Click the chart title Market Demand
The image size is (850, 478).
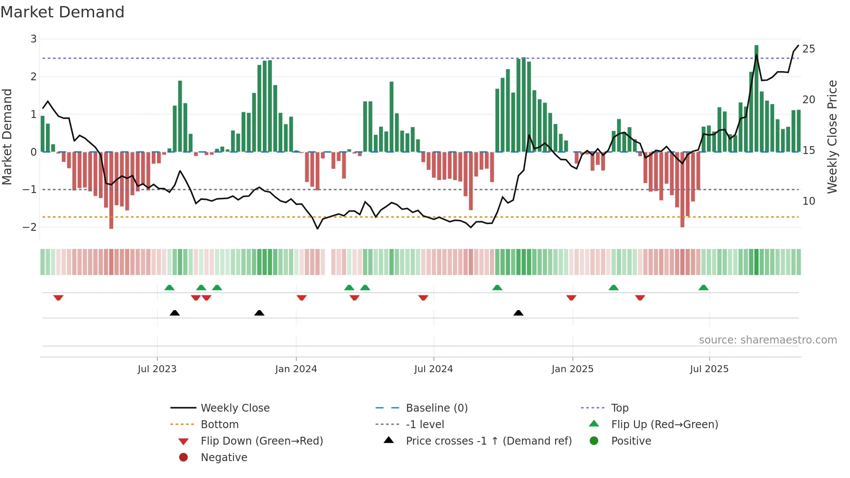point(62,12)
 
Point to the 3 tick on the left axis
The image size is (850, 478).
point(33,39)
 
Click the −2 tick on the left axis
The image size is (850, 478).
point(30,227)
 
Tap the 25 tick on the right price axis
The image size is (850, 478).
point(808,49)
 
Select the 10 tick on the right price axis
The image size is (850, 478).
point(808,201)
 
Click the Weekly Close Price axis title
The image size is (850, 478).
point(832,137)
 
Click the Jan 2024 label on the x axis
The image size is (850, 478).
point(296,369)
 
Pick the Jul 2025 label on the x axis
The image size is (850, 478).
point(709,369)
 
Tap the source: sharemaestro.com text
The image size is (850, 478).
point(768,340)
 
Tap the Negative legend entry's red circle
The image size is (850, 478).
point(183,458)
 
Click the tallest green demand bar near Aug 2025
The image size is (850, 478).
point(756,100)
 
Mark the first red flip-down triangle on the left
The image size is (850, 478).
point(59,298)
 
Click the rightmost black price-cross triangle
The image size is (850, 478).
point(518,313)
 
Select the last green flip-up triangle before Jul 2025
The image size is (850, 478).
point(703,288)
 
